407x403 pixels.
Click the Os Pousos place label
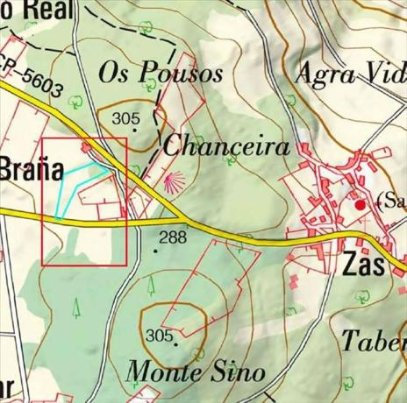161,72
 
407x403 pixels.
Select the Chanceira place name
226,145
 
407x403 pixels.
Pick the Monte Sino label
195,371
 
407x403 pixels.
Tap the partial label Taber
373,340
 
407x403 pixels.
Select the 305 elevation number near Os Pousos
126,118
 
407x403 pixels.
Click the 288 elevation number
173,237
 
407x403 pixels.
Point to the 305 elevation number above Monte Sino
160,336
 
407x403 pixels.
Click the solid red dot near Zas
359,204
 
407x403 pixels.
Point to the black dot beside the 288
157,251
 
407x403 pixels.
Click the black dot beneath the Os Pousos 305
134,131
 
